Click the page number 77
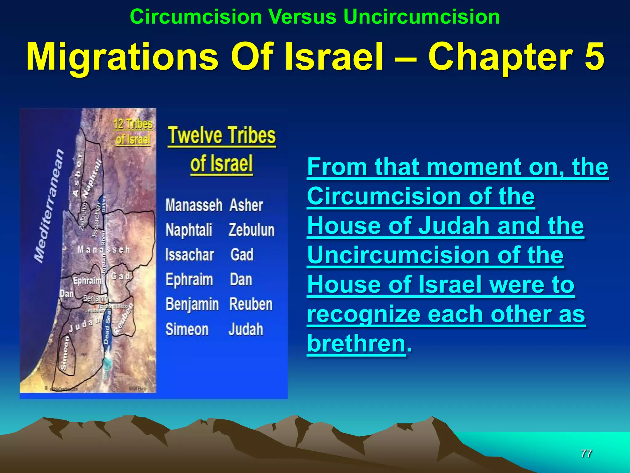(586, 453)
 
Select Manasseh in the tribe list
(194, 205)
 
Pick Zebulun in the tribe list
(251, 230)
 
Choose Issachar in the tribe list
(189, 255)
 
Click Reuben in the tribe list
(251, 305)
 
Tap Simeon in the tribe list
(187, 329)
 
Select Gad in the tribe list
(242, 255)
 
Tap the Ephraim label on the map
(87, 281)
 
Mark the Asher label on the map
(77, 174)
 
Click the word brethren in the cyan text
(356, 343)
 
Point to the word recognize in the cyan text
(364, 314)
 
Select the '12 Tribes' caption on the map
(133, 124)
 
